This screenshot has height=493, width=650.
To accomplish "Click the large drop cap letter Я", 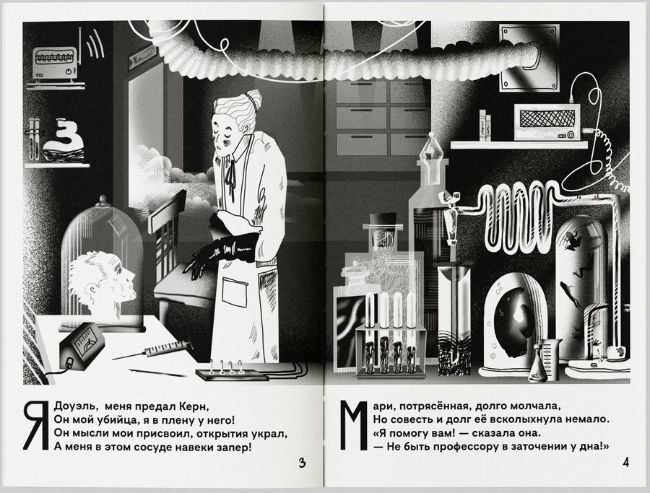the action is click(36, 425).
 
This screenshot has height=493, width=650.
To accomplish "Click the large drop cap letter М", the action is click(354, 425).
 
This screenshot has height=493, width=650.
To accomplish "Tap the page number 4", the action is click(625, 462).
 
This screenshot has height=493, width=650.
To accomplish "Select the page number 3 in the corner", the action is click(302, 463).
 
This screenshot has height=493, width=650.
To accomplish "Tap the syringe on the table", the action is click(152, 351).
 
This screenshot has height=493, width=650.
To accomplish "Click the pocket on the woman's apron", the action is click(235, 292).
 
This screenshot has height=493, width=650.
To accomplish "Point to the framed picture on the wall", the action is click(528, 58).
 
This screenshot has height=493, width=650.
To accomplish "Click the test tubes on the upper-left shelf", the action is click(35, 139).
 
